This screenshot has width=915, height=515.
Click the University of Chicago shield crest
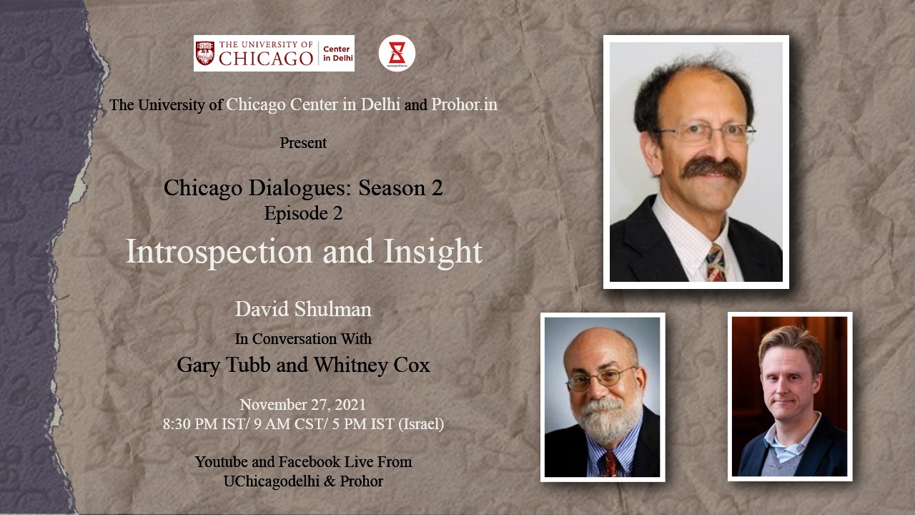point(205,53)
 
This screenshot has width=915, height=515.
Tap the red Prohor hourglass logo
point(397,53)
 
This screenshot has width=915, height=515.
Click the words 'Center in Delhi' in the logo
point(338,54)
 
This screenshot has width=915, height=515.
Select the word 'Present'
point(303,143)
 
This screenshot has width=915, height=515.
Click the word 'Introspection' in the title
point(219,252)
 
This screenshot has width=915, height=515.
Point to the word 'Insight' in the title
point(433,252)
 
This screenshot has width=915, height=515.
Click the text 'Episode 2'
point(303,213)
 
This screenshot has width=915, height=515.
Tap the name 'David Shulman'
point(303,310)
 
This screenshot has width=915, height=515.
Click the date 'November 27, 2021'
point(302,405)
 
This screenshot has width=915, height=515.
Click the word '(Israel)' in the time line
point(421,424)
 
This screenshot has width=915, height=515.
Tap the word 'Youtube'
point(222,462)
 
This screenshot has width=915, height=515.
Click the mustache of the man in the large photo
point(711,167)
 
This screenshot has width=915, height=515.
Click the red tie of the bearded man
point(610,465)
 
